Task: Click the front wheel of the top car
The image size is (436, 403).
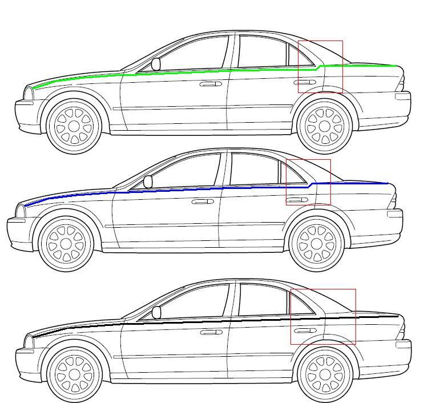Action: pos(74,127)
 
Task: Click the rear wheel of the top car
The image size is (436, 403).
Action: pos(324,127)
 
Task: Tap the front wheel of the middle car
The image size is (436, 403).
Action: pos(66,243)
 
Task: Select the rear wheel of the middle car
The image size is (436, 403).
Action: pos(316,243)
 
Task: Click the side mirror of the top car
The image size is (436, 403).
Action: pos(156,64)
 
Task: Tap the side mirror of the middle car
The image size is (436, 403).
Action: pos(148,182)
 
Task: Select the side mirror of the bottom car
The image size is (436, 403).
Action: pos(156,312)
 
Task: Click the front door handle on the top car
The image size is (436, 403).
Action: pos(211,84)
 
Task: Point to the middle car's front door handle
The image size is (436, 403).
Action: pos(203,201)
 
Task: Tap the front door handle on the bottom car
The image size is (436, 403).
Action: pos(211,332)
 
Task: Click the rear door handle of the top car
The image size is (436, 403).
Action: pos(305,83)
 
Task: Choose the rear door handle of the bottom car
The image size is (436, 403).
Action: pos(305,331)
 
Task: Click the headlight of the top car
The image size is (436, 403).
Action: pos(29,93)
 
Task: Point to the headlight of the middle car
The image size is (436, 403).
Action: pos(21,211)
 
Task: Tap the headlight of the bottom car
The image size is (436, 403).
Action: pos(29,341)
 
